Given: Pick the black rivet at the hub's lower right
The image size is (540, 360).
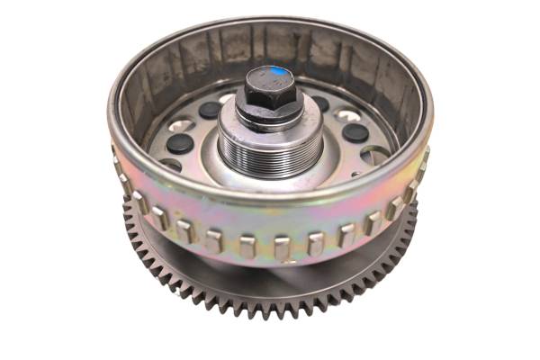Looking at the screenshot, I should [355, 132].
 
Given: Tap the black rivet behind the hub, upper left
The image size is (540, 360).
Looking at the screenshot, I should [210, 109].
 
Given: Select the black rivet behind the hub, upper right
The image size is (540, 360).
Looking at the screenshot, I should [321, 103].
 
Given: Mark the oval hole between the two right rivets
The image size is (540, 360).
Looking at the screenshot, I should [347, 115].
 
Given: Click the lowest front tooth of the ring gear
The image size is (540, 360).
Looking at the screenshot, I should [270, 311].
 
